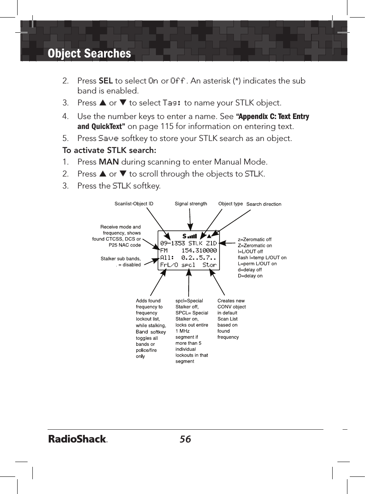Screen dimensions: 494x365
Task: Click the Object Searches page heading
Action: point(89,54)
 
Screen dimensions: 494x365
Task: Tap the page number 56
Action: point(185,439)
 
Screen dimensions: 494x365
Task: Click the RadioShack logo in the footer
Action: point(78,439)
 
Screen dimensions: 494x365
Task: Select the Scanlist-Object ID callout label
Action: point(134,204)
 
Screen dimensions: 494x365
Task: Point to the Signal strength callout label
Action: point(191,204)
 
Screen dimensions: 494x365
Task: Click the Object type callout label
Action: point(230,204)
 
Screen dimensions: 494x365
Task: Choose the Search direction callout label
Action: point(263,204)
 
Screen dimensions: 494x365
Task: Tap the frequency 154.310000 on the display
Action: point(199,250)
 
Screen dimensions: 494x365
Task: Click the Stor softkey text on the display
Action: point(209,265)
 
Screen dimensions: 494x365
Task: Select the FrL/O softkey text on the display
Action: point(169,265)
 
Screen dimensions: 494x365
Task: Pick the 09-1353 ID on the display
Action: point(172,243)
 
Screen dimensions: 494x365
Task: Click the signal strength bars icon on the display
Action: point(192,236)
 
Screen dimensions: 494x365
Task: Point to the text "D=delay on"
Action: point(250,276)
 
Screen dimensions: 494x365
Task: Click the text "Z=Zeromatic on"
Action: point(255,246)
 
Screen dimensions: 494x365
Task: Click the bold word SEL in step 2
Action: point(105,81)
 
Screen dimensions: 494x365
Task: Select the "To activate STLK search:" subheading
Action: point(109,151)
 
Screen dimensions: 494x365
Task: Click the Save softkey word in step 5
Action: point(108,139)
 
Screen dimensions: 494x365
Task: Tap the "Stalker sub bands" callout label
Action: point(120,259)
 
